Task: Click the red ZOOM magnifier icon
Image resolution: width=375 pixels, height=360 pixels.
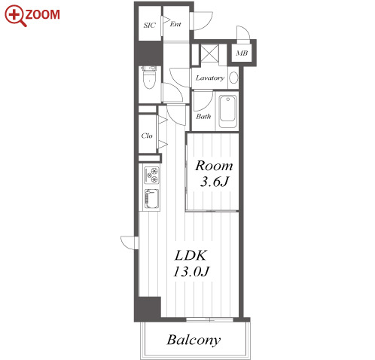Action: pos(15,16)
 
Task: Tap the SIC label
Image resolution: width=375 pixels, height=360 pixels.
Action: pos(150,25)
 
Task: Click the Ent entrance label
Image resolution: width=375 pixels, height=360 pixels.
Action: pos(175,24)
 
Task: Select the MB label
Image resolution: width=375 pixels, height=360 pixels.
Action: pos(242,53)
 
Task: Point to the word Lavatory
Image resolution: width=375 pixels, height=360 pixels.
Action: pos(210,78)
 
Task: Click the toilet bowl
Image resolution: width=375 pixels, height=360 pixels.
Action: pos(149,80)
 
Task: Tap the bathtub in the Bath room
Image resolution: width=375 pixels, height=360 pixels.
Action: pos(227,111)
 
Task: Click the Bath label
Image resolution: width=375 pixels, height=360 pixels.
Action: pos(203,116)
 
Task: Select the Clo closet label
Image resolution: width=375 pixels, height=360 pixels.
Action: pos(147,136)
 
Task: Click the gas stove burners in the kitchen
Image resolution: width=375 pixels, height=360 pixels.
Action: pos(151,175)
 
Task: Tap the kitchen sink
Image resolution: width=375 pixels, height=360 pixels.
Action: pos(151,199)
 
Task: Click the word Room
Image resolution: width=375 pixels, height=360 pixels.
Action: pos(214,166)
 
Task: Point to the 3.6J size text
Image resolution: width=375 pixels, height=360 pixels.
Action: pos(215,182)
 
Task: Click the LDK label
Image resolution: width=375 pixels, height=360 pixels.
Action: pos(191,255)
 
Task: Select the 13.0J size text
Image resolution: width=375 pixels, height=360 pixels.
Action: pos(191,271)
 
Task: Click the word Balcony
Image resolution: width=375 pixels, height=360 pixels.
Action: pos(194,340)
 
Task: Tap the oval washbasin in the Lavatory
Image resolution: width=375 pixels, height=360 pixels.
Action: pos(233,78)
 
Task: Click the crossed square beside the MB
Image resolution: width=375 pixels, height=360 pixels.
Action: pos(210,53)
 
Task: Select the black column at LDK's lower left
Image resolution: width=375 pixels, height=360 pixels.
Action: pos(148,309)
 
